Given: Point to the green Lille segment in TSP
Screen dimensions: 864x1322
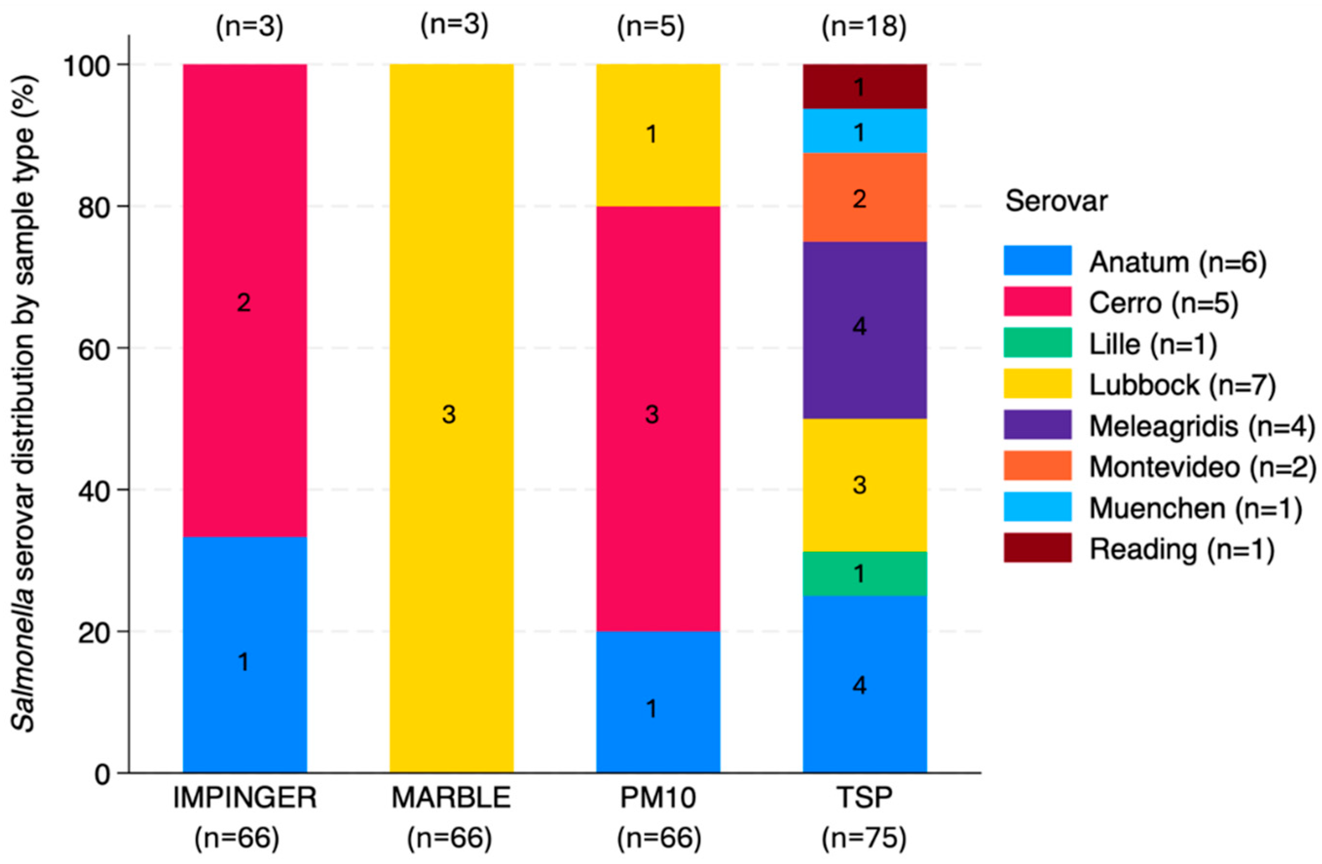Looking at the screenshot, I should point(865,573).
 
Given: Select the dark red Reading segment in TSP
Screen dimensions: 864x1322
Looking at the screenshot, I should point(865,86).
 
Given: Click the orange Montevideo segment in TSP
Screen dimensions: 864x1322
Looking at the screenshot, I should point(865,197).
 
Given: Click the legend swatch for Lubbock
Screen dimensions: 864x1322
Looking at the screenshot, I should point(1037,384).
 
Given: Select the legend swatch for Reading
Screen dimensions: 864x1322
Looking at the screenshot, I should point(1037,548).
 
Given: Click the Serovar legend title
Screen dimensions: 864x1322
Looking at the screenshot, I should point(1056,201).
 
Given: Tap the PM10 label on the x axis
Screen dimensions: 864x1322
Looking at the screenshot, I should point(658,798).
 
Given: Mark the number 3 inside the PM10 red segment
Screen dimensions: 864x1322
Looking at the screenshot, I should point(652,414).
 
